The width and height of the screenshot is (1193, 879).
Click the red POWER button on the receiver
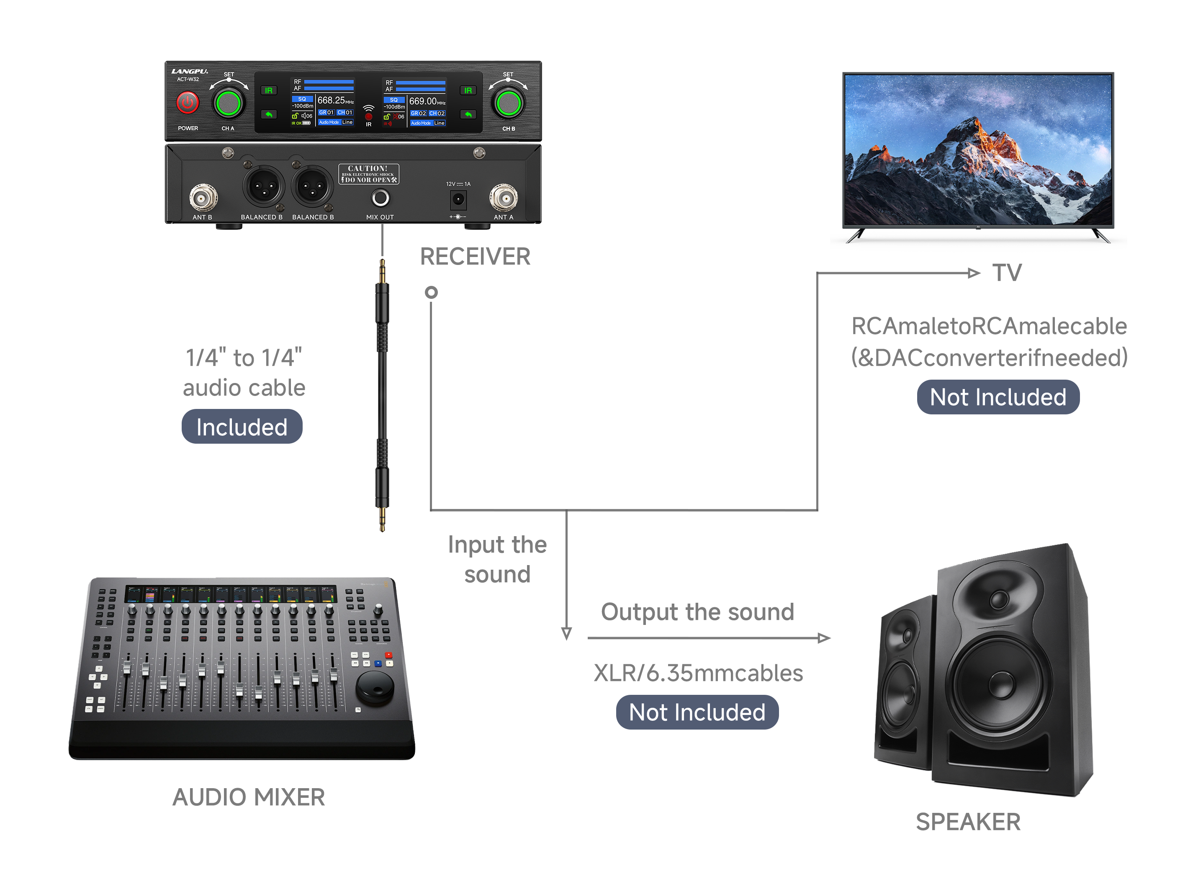[x=187, y=102]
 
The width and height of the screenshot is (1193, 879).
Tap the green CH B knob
[x=508, y=103]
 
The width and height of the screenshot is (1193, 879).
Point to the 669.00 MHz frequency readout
[x=423, y=101]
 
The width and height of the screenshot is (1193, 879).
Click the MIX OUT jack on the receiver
[x=380, y=198]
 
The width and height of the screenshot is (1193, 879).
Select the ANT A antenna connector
[x=504, y=198]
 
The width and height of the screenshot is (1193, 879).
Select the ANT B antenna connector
[x=203, y=198]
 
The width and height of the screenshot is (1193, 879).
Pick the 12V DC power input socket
[x=458, y=200]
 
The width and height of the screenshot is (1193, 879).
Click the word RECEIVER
[x=475, y=257]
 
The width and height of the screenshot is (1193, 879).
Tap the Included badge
[x=242, y=427]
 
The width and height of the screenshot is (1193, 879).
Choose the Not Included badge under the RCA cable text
[x=998, y=397]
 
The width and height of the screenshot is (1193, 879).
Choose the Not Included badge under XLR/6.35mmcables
[x=697, y=712]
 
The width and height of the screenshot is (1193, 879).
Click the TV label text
[x=1007, y=273]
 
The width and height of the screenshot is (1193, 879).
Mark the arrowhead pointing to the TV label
[x=974, y=273]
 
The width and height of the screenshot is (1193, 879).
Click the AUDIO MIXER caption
[x=249, y=797]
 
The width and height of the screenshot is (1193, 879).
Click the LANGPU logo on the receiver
[x=190, y=71]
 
